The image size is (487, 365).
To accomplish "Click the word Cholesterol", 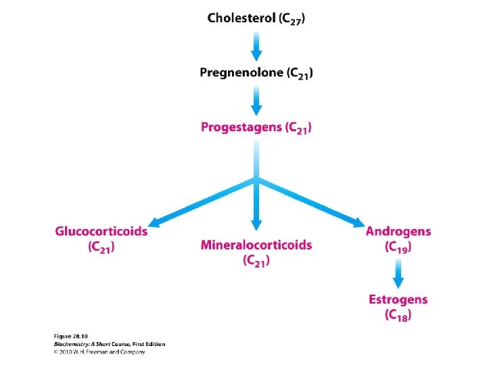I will click(241, 18).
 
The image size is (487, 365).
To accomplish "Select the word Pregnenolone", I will click(241, 72).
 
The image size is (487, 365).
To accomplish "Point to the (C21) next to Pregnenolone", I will click(300, 73).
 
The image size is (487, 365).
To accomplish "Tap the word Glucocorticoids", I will click(101, 231).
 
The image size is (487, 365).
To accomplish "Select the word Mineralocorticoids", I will click(256, 245).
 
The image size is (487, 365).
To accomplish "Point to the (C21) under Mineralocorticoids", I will click(256, 260).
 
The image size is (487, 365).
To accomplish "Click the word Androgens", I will click(398, 231).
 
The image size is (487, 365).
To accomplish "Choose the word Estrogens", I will click(398, 299).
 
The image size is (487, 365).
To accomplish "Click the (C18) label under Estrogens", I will click(398, 315).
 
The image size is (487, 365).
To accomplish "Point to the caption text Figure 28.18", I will click(70, 336).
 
